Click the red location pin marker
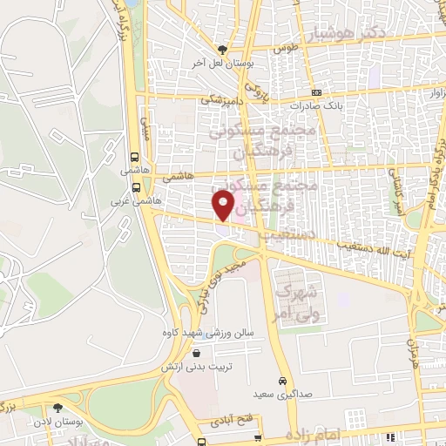coord(223,206)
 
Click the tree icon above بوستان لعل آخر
coord(224,50)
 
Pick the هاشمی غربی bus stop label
coord(137,199)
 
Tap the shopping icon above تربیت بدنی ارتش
coord(196,354)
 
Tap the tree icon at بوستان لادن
coord(57,407)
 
